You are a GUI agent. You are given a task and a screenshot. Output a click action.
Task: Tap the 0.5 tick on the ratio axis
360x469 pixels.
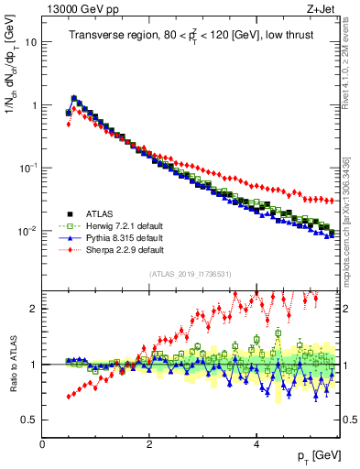click(28, 420)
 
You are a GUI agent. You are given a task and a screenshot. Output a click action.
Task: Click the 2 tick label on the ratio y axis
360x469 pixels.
click(33, 309)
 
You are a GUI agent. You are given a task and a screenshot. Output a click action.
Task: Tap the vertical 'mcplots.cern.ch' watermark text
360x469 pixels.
click(352, 211)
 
